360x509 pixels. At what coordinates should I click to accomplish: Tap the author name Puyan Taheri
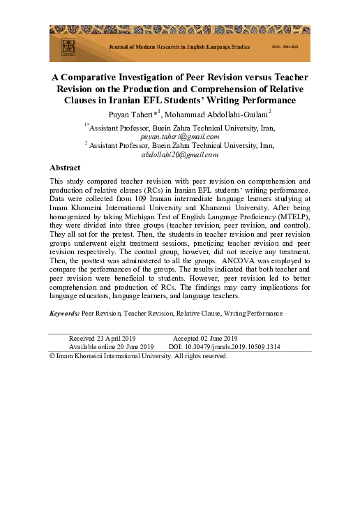point(135,114)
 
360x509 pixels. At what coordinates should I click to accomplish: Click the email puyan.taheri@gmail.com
point(180,137)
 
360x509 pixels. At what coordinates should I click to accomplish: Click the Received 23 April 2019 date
point(102,338)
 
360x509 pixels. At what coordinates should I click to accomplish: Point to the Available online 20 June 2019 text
point(111,346)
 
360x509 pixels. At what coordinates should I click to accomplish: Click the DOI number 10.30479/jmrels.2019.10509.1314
point(233,346)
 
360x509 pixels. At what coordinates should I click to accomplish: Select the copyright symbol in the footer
point(52,356)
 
